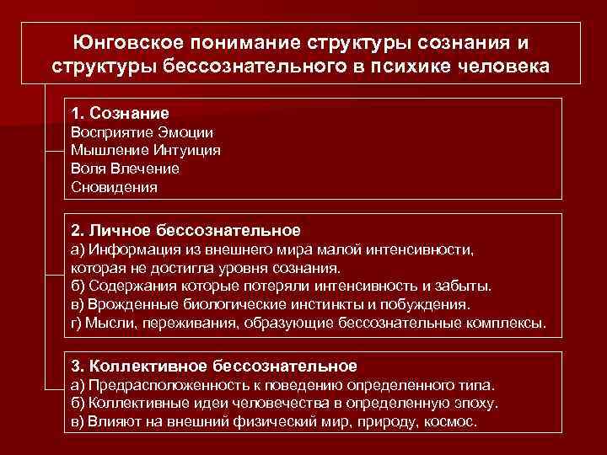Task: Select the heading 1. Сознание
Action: pos(120,113)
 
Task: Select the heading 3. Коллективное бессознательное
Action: pos(214,366)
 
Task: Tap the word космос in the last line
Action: pos(454,421)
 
